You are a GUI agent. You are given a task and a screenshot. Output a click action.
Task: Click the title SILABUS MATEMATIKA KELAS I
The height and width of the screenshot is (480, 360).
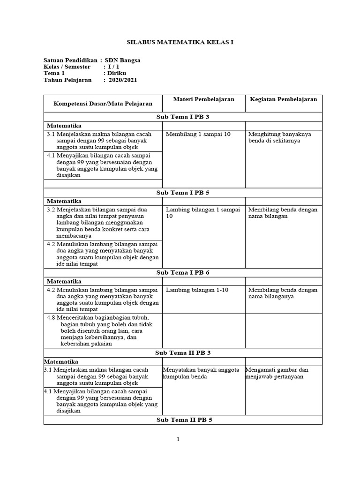tap(180, 42)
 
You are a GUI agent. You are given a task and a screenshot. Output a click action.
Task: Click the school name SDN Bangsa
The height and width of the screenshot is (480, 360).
tap(122, 60)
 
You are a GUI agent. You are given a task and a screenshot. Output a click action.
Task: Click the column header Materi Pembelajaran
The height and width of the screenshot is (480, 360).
tap(203, 99)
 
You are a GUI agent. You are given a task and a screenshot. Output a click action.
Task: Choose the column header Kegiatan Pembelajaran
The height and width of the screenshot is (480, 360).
tap(283, 99)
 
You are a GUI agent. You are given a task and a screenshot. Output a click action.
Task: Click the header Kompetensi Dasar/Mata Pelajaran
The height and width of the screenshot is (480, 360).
tap(103, 103)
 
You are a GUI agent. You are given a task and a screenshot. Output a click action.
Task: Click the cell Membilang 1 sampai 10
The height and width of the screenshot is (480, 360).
tap(198, 135)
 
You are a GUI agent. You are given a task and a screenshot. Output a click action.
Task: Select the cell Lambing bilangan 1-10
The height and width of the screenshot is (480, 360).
tap(197, 290)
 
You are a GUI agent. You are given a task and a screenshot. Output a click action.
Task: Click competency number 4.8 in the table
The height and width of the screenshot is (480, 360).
tap(51, 318)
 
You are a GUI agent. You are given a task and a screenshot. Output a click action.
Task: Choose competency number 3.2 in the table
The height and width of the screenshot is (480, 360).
tap(51, 210)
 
